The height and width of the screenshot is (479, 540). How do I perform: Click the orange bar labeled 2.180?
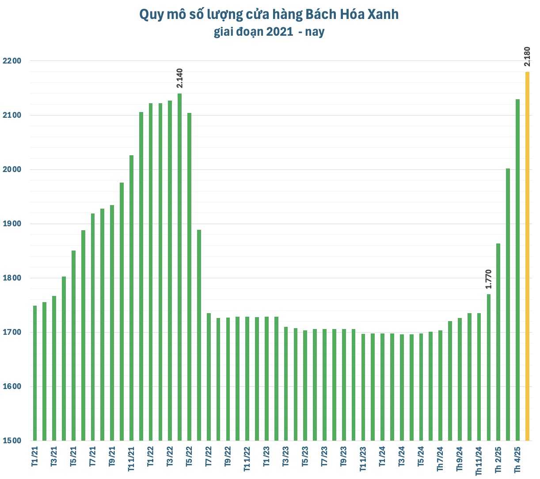point(527,256)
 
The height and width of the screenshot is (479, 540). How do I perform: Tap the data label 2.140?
point(179,78)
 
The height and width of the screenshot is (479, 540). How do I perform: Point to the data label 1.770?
point(488,279)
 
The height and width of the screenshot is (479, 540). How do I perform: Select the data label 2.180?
point(527,56)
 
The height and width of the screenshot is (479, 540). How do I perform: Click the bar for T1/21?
point(35,373)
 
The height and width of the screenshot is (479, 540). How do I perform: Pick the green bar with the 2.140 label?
point(179,267)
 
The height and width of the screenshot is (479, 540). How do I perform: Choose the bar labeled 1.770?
point(488,367)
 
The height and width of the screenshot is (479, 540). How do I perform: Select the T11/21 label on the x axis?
point(131,460)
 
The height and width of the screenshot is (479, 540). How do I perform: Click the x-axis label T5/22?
point(189,457)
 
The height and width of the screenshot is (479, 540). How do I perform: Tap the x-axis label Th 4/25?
point(517,459)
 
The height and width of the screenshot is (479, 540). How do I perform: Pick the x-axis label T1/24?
point(382,457)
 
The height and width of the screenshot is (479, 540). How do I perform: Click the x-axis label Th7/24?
point(440,459)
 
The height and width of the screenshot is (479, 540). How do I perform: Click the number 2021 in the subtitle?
point(279,32)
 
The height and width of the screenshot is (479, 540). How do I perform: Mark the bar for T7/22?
point(209,377)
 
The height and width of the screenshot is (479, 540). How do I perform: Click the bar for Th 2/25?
point(498,342)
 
